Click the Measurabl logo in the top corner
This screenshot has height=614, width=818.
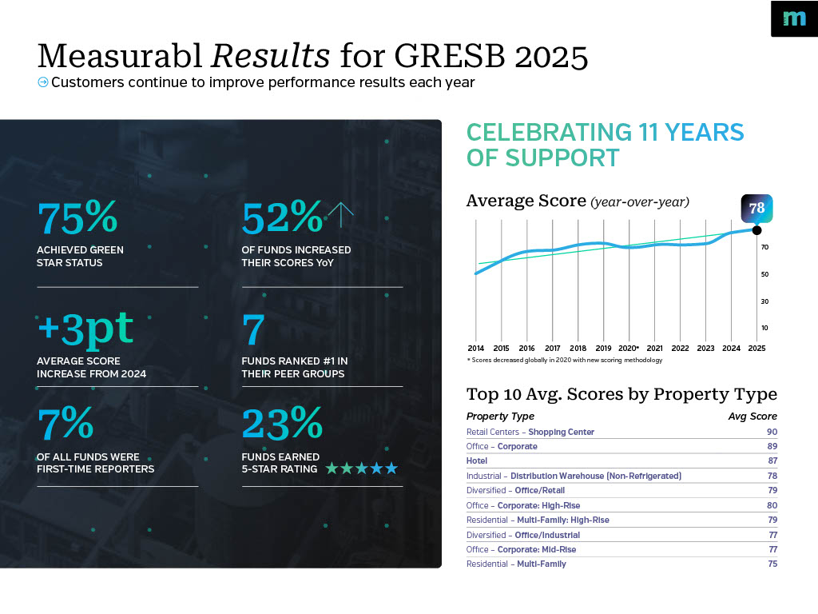pos(794,18)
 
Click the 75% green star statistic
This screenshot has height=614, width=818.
pos(77,218)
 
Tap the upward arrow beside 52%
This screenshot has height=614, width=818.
pos(340,214)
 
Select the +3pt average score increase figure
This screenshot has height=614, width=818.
pos(85,329)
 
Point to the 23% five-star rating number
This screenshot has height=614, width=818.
pos(282,425)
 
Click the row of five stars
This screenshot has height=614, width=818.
pos(361,468)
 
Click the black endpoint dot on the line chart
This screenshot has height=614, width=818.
pos(756,230)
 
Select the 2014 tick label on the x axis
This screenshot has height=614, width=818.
pos(475,349)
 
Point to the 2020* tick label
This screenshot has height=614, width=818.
pos(629,349)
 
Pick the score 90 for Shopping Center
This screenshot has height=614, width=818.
pos(771,432)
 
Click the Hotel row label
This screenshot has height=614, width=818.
pos(477,461)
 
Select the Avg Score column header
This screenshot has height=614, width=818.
pos(752,416)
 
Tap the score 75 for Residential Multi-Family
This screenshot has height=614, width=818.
pos(771,564)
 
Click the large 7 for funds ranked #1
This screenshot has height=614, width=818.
pos(253,329)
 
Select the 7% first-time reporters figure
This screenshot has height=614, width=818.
pos(66,425)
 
